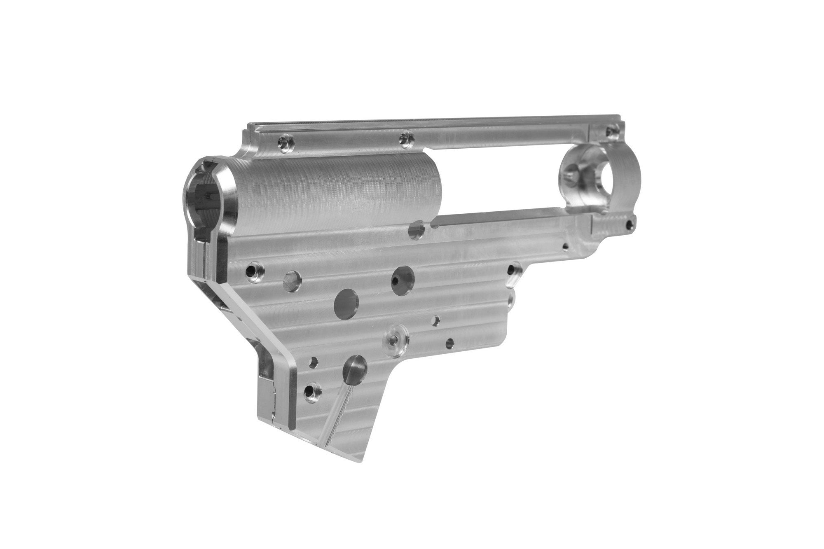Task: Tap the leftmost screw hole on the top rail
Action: (283, 142)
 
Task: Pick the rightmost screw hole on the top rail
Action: (610, 132)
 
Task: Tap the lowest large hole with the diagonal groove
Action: (355, 367)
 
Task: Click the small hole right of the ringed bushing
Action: (450, 341)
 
